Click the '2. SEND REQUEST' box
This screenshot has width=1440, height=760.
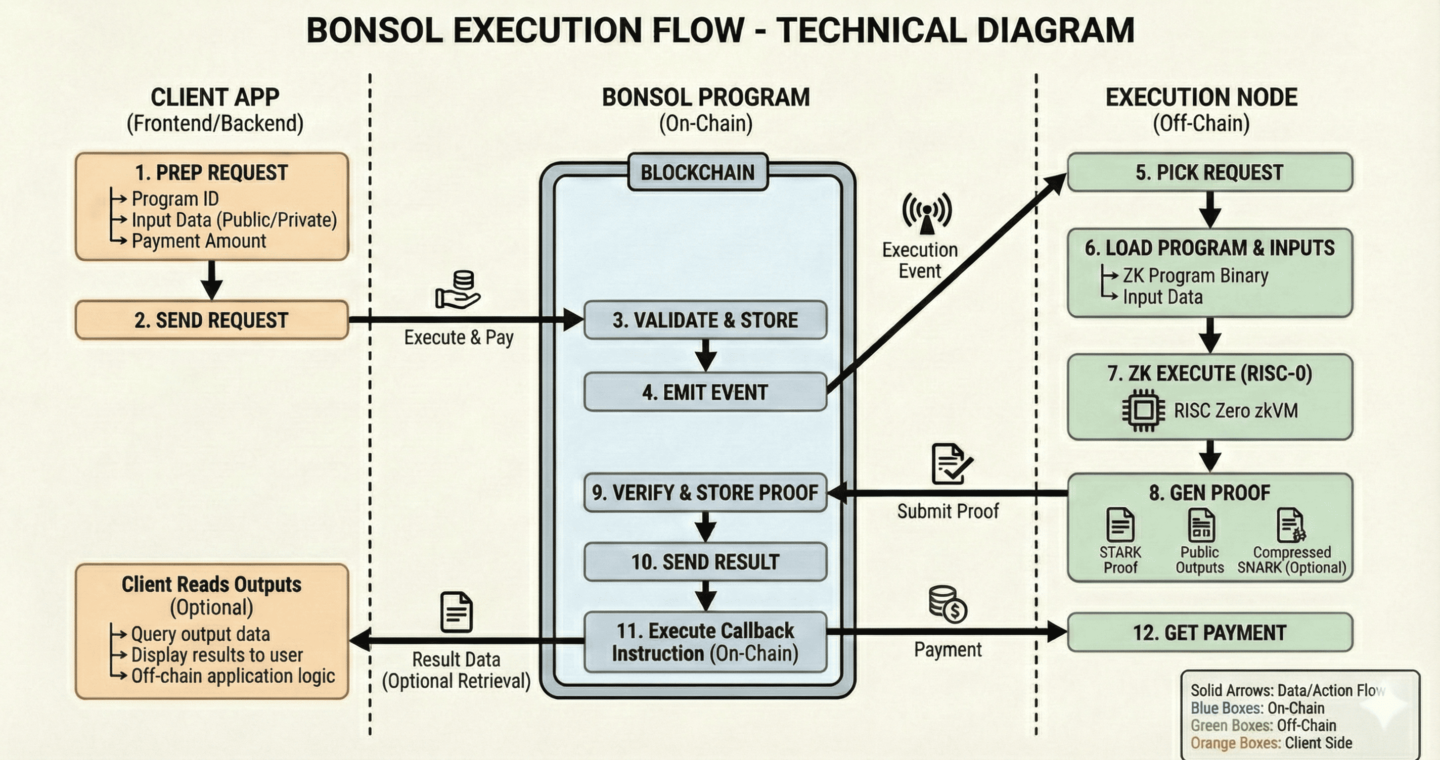pos(211,320)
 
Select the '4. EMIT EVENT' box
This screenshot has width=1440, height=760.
pos(705,392)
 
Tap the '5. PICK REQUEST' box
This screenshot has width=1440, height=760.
pos(1209,173)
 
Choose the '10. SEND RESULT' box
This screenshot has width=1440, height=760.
pos(705,561)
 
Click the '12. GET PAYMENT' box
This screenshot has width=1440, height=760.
pos(1209,633)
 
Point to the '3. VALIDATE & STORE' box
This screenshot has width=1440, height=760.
pos(705,320)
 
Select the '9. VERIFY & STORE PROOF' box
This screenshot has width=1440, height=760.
pos(705,493)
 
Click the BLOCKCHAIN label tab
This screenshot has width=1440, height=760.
pos(697,173)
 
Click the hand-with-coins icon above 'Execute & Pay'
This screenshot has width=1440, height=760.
pos(458,290)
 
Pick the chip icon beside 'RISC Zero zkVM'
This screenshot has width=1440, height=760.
pos(1144,411)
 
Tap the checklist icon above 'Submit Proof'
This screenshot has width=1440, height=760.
pos(951,464)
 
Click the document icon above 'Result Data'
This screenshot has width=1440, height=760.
pos(456,612)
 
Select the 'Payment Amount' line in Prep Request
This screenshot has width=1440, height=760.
pos(198,242)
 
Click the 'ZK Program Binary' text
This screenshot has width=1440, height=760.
pos(1195,275)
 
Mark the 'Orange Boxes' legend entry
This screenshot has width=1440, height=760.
pos(1271,743)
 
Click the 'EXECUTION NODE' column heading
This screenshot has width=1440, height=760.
pos(1201,98)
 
